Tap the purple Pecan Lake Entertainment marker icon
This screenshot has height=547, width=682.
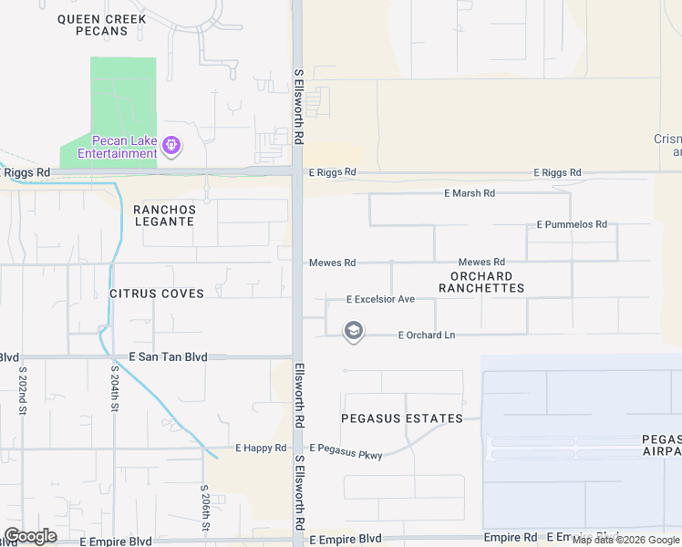pyautogui.click(x=170, y=145)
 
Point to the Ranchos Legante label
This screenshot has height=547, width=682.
pyautogui.click(x=164, y=215)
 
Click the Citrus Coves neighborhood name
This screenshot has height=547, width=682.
pyautogui.click(x=156, y=294)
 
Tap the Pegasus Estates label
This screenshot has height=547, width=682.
pyautogui.click(x=401, y=418)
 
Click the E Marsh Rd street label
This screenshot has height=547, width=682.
pyautogui.click(x=470, y=193)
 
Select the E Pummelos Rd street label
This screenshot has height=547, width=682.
pyautogui.click(x=572, y=224)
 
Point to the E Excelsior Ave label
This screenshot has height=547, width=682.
pyautogui.click(x=380, y=299)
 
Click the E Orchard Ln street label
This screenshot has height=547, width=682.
pyautogui.click(x=427, y=335)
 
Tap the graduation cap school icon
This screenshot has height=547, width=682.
pyautogui.click(x=354, y=331)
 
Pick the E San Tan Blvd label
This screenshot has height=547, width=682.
pyautogui.click(x=169, y=357)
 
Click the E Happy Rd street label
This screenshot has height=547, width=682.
pyautogui.click(x=261, y=448)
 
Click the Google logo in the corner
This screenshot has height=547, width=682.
pyautogui.click(x=30, y=536)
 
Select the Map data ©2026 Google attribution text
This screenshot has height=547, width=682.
pyautogui.click(x=626, y=540)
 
